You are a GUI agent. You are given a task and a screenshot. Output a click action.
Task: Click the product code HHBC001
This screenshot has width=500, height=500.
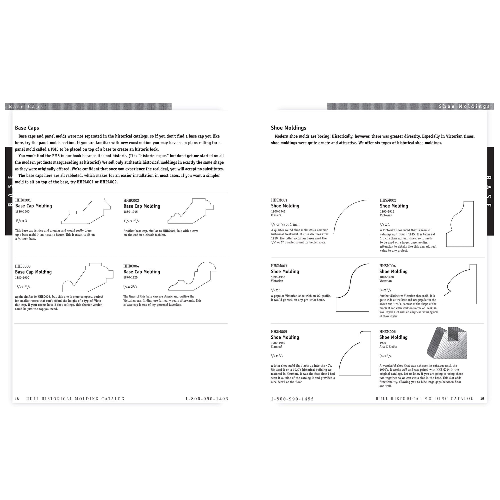click(x=23, y=200)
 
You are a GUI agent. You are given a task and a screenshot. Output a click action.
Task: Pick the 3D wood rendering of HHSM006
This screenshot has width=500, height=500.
click(x=447, y=343)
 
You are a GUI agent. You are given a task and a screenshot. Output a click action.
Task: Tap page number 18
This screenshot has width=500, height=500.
click(x=17, y=399)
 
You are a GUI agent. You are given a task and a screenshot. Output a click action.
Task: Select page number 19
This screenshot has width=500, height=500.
click(x=482, y=398)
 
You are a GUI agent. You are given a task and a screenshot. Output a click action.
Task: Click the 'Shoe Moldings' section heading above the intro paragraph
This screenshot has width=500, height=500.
click(x=288, y=128)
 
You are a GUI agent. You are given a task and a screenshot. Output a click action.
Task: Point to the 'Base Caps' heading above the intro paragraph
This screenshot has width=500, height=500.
click(x=27, y=128)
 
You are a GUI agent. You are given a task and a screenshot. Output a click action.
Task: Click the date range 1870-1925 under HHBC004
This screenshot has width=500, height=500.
click(x=130, y=277)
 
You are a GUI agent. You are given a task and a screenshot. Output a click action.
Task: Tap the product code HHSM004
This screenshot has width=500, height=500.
click(x=387, y=266)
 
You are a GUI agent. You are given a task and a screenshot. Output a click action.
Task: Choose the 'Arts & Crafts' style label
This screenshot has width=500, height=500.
click(x=388, y=346)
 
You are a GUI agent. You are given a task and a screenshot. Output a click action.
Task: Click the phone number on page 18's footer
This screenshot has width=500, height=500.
click(x=206, y=399)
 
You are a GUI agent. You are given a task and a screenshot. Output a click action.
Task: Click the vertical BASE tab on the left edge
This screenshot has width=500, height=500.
click(x=9, y=191)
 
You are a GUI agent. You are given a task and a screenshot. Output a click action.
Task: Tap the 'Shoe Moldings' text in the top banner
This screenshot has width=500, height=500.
click(x=464, y=106)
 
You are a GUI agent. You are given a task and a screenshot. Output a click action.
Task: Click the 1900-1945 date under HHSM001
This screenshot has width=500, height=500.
click(x=278, y=211)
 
